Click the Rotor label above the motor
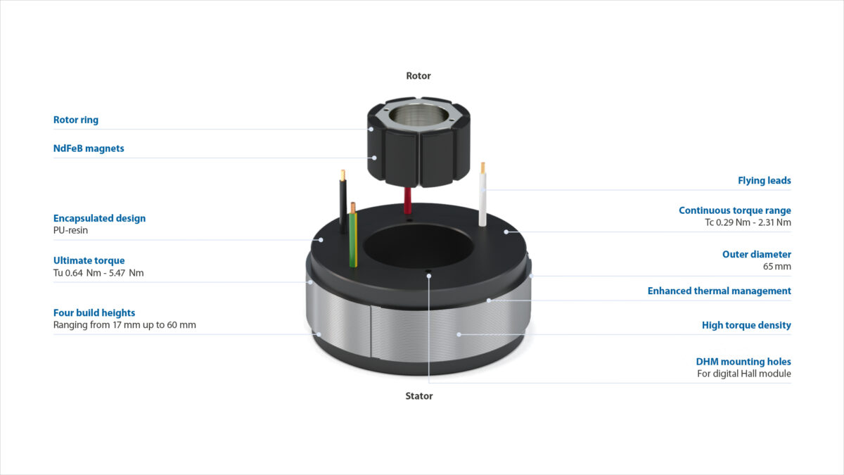coord(418,76)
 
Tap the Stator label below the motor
coord(419,395)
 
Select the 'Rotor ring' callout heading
coord(76,120)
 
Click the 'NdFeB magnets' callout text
coord(89,148)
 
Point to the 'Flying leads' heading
coord(764,181)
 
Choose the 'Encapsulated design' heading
coord(99,218)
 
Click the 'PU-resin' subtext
coord(70,230)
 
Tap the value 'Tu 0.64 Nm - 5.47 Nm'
coord(98,273)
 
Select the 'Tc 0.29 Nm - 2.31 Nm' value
coord(748,222)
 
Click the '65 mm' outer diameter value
coord(777,267)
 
